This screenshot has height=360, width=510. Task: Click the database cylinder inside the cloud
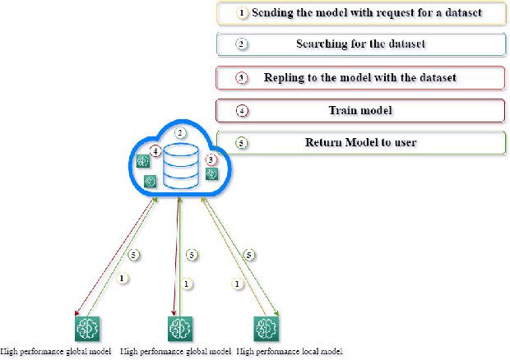click(x=180, y=166)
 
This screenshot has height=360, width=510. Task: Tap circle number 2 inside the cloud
click(x=181, y=132)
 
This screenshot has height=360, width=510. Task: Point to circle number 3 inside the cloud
click(x=211, y=159)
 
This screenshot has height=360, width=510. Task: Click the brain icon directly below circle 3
click(x=211, y=173)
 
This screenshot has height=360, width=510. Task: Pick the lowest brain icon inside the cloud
click(x=150, y=181)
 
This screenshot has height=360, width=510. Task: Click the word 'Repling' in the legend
click(x=284, y=77)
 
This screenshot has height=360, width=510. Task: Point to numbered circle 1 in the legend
click(x=242, y=13)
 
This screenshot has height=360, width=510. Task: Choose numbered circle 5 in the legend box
click(x=242, y=142)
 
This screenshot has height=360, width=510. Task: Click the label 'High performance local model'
click(x=288, y=352)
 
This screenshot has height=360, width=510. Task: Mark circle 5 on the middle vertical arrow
click(x=191, y=255)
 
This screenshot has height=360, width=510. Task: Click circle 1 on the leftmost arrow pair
click(x=123, y=279)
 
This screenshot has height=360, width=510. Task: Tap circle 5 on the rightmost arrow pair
click(x=249, y=255)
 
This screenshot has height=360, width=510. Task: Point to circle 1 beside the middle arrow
click(x=187, y=284)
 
